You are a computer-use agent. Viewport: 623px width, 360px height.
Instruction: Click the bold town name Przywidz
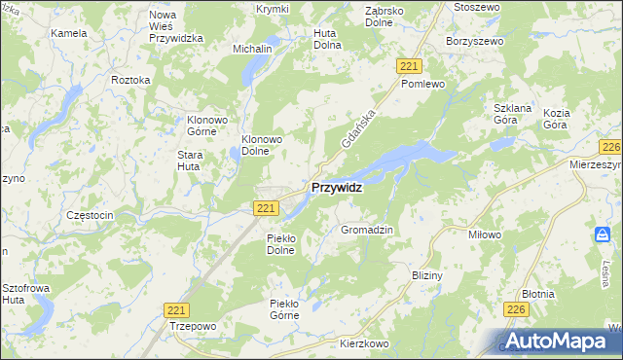pyautogui.click(x=337, y=188)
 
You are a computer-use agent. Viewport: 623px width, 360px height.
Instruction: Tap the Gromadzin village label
pyautogui.click(x=366, y=230)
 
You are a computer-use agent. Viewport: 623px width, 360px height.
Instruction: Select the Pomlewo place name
pyautogui.click(x=422, y=84)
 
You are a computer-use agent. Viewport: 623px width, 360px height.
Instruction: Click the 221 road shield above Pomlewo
pyautogui.click(x=409, y=64)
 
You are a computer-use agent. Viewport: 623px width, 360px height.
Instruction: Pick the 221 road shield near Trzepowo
pyautogui.click(x=175, y=308)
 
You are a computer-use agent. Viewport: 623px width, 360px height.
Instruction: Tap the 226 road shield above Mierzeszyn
pyautogui.click(x=610, y=147)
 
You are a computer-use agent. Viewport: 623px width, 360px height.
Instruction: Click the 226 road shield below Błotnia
pyautogui.click(x=516, y=308)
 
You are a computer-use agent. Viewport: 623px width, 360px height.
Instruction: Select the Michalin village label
pyautogui.click(x=251, y=48)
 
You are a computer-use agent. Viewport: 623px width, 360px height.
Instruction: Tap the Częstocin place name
pyautogui.click(x=90, y=214)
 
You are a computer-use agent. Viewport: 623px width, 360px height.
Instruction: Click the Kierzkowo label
pyautogui.click(x=365, y=343)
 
